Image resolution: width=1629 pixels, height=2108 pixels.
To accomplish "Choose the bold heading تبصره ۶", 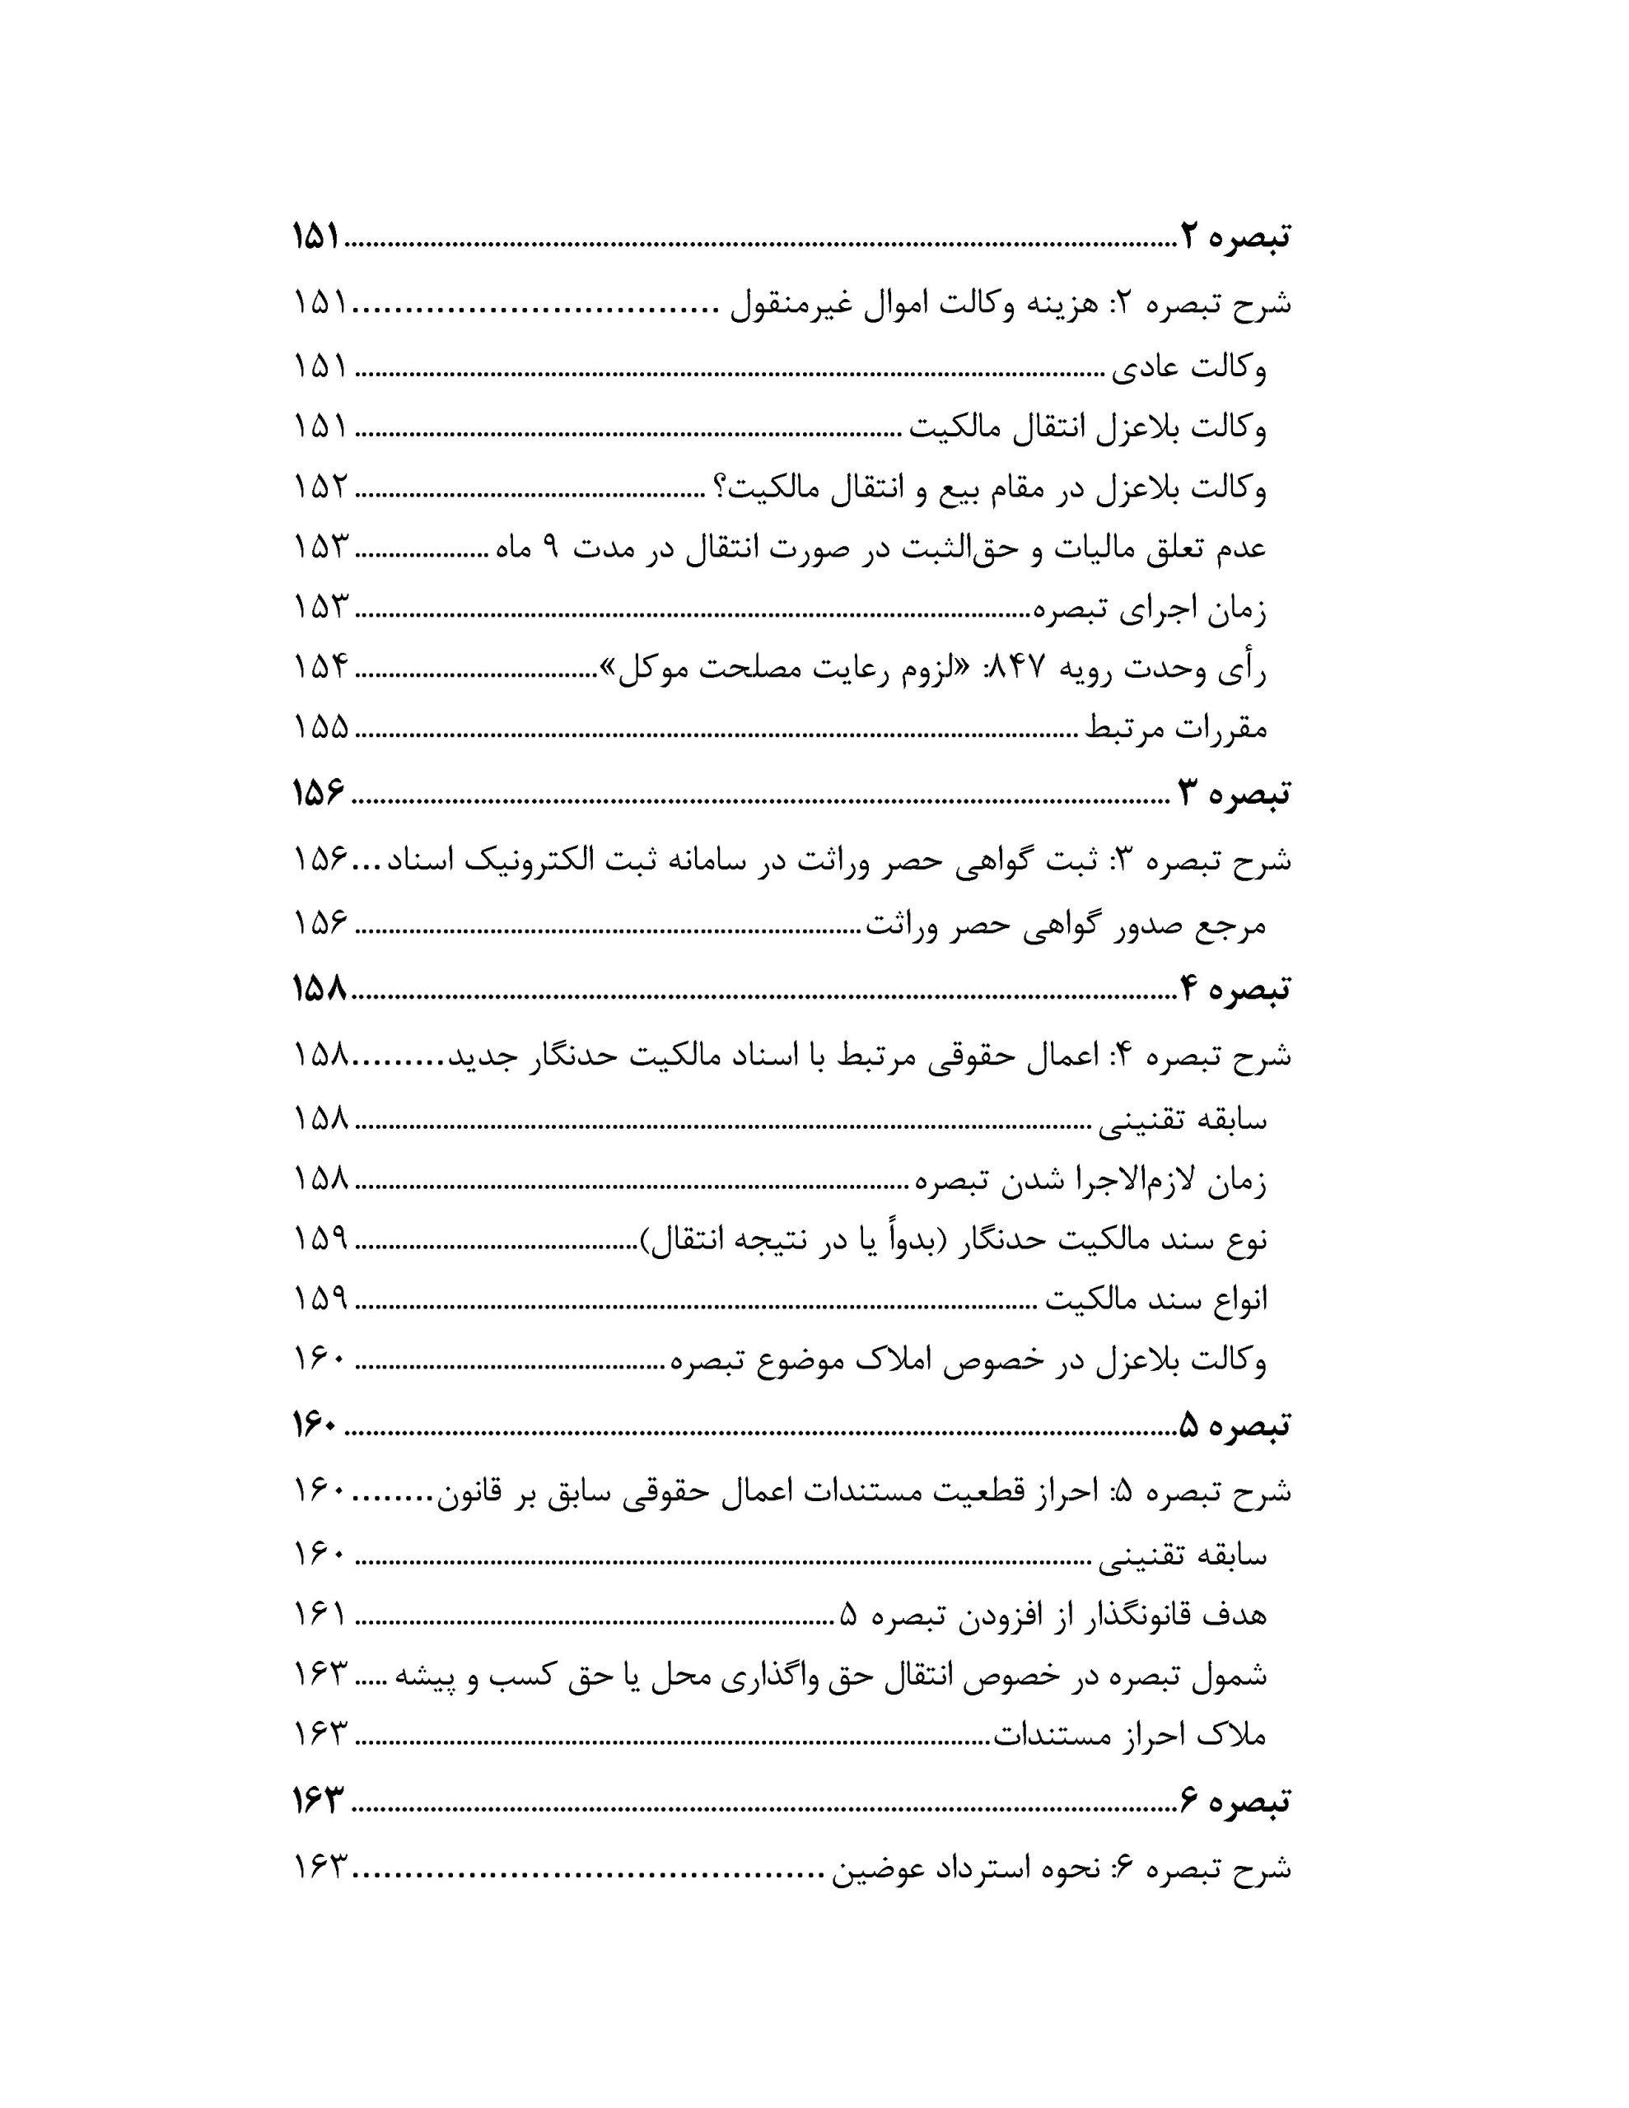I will coord(1236,1800).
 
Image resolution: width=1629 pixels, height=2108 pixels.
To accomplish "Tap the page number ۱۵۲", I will coord(320,487).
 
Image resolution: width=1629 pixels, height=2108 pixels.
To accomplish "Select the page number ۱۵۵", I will coord(320,728).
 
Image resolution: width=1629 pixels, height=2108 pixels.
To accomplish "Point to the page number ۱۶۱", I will coord(320,1614).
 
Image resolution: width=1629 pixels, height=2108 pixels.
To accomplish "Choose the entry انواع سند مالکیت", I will coord(1158,1300).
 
